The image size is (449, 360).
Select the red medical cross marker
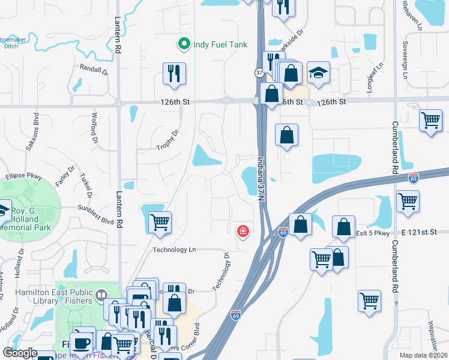[x=243, y=231]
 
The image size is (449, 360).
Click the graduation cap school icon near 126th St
[x=319, y=73]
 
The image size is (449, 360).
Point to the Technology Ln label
[x=175, y=250]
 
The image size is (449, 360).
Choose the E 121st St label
[x=418, y=232]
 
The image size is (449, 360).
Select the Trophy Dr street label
[x=167, y=140]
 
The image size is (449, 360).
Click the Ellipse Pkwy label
[x=21, y=176]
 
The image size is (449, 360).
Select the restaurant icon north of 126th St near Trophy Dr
[x=174, y=74]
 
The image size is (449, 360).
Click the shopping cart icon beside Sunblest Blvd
[x=160, y=223]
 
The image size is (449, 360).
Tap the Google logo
[x=20, y=353]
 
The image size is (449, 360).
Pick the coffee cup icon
[x=81, y=343]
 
